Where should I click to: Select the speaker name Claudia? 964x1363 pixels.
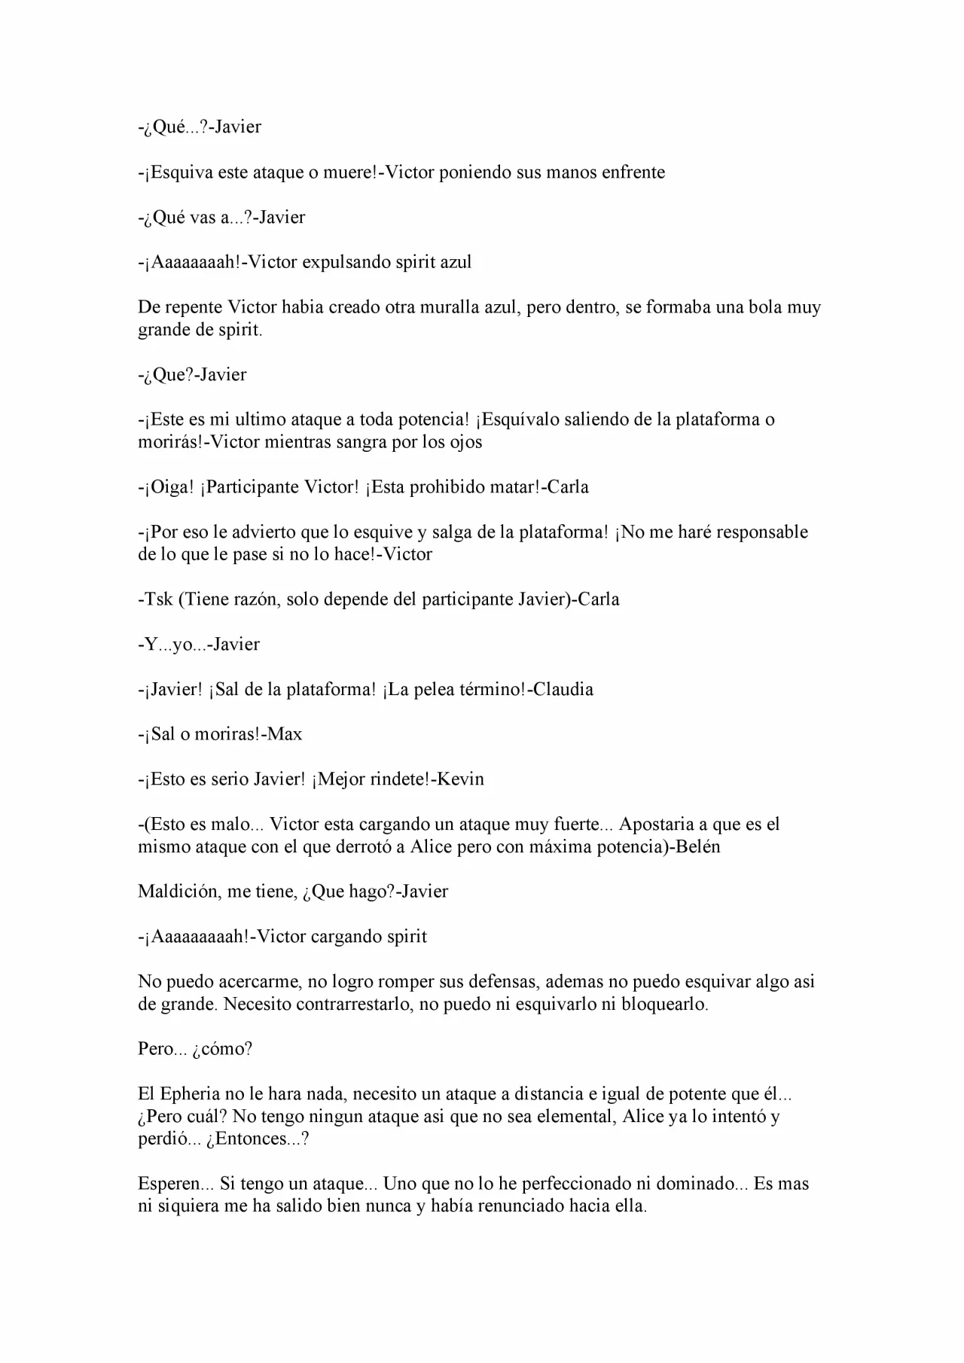563,690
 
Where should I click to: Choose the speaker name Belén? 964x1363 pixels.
698,846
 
